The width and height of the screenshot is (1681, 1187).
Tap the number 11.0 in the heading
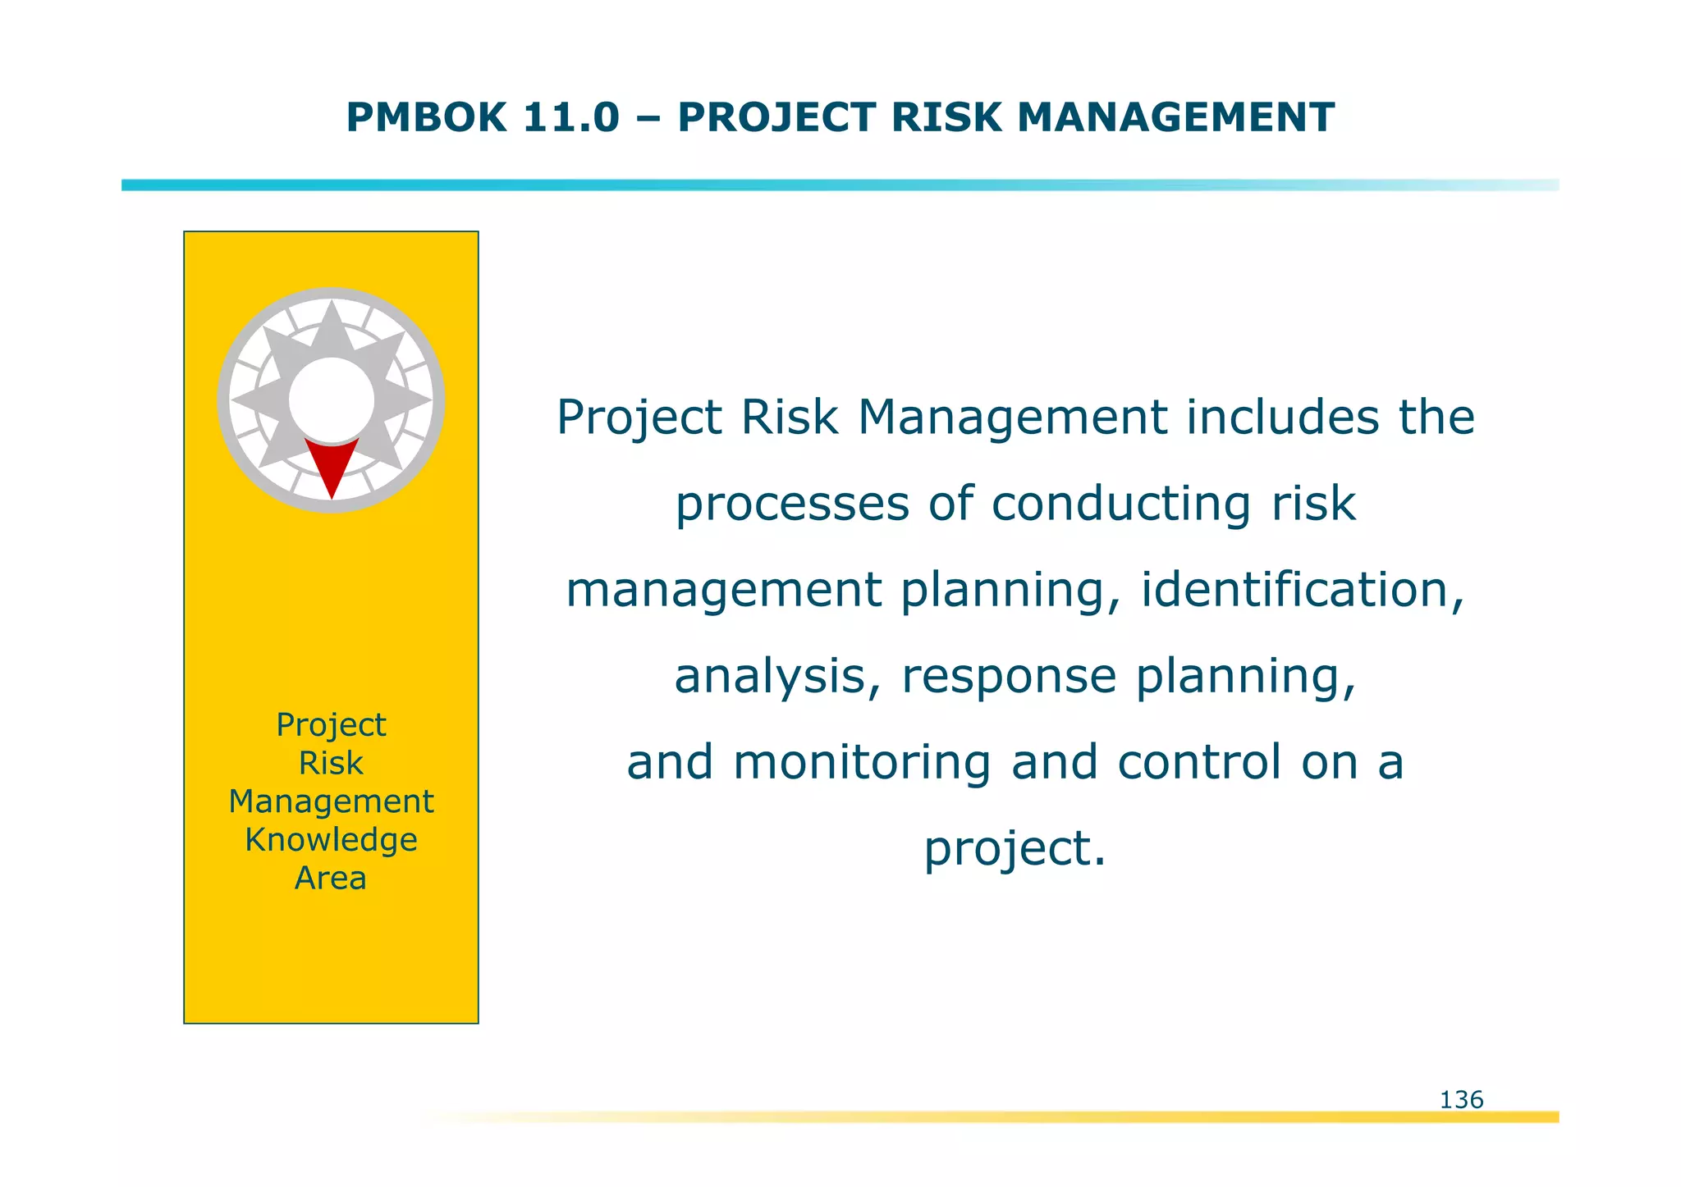[x=570, y=117]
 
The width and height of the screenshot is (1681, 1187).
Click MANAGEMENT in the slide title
[x=1175, y=117]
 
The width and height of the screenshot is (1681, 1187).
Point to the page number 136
[x=1461, y=1100]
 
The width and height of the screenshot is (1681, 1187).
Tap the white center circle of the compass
[x=332, y=399]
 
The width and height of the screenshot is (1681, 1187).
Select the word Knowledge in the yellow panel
[x=331, y=840]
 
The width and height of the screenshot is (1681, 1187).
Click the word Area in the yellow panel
[x=331, y=879]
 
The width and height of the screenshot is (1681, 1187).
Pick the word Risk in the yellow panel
[x=331, y=764]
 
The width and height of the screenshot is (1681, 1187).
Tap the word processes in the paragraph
[x=792, y=504]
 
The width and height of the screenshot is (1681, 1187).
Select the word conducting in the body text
[x=1121, y=504]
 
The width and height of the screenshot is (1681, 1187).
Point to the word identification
[x=1302, y=590]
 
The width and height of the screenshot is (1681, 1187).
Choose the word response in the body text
[x=1009, y=678]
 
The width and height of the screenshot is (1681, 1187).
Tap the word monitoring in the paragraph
[x=862, y=763]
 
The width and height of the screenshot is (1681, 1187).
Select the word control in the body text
[x=1199, y=762]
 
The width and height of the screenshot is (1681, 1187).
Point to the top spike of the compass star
[x=332, y=316]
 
